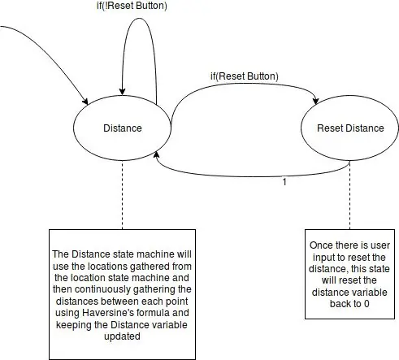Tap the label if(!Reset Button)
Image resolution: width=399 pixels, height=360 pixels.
(x=132, y=6)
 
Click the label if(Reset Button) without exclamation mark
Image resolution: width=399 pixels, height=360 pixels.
(x=245, y=76)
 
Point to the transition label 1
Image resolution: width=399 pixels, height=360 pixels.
(x=284, y=182)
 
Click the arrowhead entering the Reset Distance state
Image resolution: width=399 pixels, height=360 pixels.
(x=316, y=101)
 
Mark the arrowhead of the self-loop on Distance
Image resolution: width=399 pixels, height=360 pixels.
(x=122, y=92)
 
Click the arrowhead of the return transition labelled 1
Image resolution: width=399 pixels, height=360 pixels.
(x=156, y=155)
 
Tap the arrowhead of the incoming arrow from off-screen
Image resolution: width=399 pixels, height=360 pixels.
(x=85, y=102)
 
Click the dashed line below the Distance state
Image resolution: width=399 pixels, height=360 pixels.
(x=122, y=195)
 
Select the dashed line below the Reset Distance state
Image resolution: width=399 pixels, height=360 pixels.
(x=349, y=195)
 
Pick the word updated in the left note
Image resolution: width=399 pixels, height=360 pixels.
(x=122, y=336)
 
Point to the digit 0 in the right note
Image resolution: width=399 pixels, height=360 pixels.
(x=366, y=304)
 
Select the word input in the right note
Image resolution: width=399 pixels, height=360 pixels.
(x=324, y=258)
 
